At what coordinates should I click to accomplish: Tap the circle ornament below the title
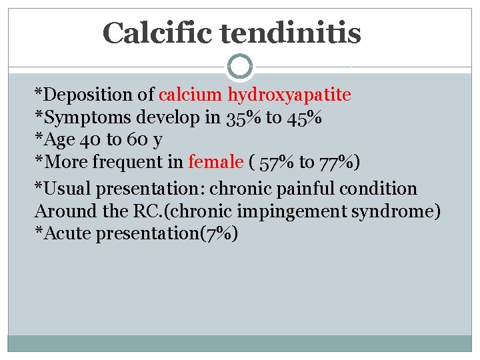239,67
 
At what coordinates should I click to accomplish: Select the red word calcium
191,95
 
